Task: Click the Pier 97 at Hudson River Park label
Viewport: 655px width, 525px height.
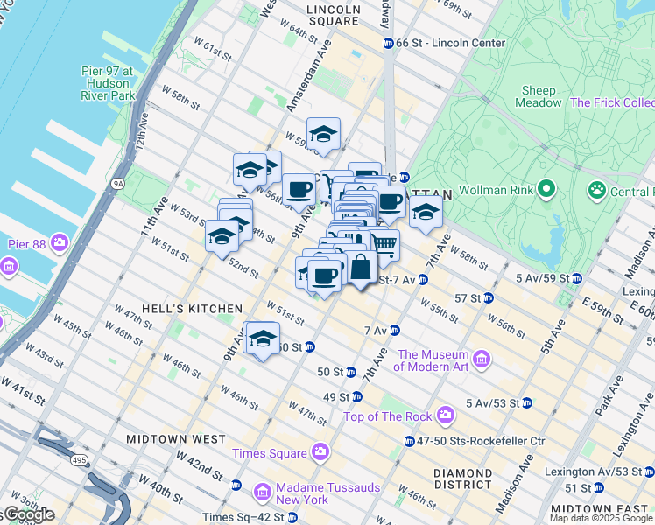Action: (x=103, y=83)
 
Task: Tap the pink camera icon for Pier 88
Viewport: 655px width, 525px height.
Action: (x=60, y=241)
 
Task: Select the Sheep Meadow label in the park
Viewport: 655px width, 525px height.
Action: (x=539, y=96)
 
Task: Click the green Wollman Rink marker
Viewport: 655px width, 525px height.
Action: (x=547, y=189)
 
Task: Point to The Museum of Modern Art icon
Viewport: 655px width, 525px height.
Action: (x=481, y=359)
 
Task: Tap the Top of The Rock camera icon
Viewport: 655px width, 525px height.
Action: (x=446, y=414)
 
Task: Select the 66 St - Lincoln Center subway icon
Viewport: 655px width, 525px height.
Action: (x=388, y=43)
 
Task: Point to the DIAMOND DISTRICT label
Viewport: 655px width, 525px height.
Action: (x=462, y=479)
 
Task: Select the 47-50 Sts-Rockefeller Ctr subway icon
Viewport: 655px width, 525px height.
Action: (x=409, y=441)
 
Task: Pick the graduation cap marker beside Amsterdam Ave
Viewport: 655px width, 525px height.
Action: (x=323, y=134)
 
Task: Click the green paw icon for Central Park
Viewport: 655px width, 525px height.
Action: (x=596, y=189)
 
